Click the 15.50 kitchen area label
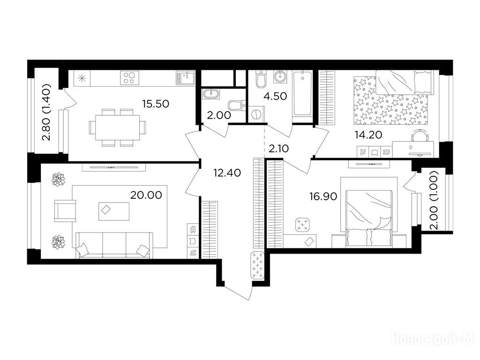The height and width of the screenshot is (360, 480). point(156,104)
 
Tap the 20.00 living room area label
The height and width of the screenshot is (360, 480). point(146,195)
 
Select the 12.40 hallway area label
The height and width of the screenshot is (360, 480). point(227,173)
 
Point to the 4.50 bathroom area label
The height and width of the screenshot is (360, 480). point(275,97)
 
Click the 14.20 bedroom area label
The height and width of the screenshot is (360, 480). point(368,135)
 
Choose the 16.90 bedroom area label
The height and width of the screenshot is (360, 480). point(323,196)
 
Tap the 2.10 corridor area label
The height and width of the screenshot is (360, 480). point(278,149)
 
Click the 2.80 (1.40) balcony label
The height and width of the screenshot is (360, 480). point(46,112)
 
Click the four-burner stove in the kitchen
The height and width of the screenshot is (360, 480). point(129,77)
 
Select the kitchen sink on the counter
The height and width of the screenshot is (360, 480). point(185,78)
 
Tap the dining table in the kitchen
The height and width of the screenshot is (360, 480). point(118,127)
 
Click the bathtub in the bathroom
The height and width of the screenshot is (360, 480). point(302,94)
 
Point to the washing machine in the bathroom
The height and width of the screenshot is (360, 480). point(256,114)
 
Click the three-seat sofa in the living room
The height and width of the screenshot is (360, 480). point(114,245)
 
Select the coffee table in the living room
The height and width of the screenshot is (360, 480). point(113,211)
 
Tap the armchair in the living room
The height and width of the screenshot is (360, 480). point(65,210)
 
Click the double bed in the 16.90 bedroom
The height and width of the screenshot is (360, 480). point(369,218)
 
